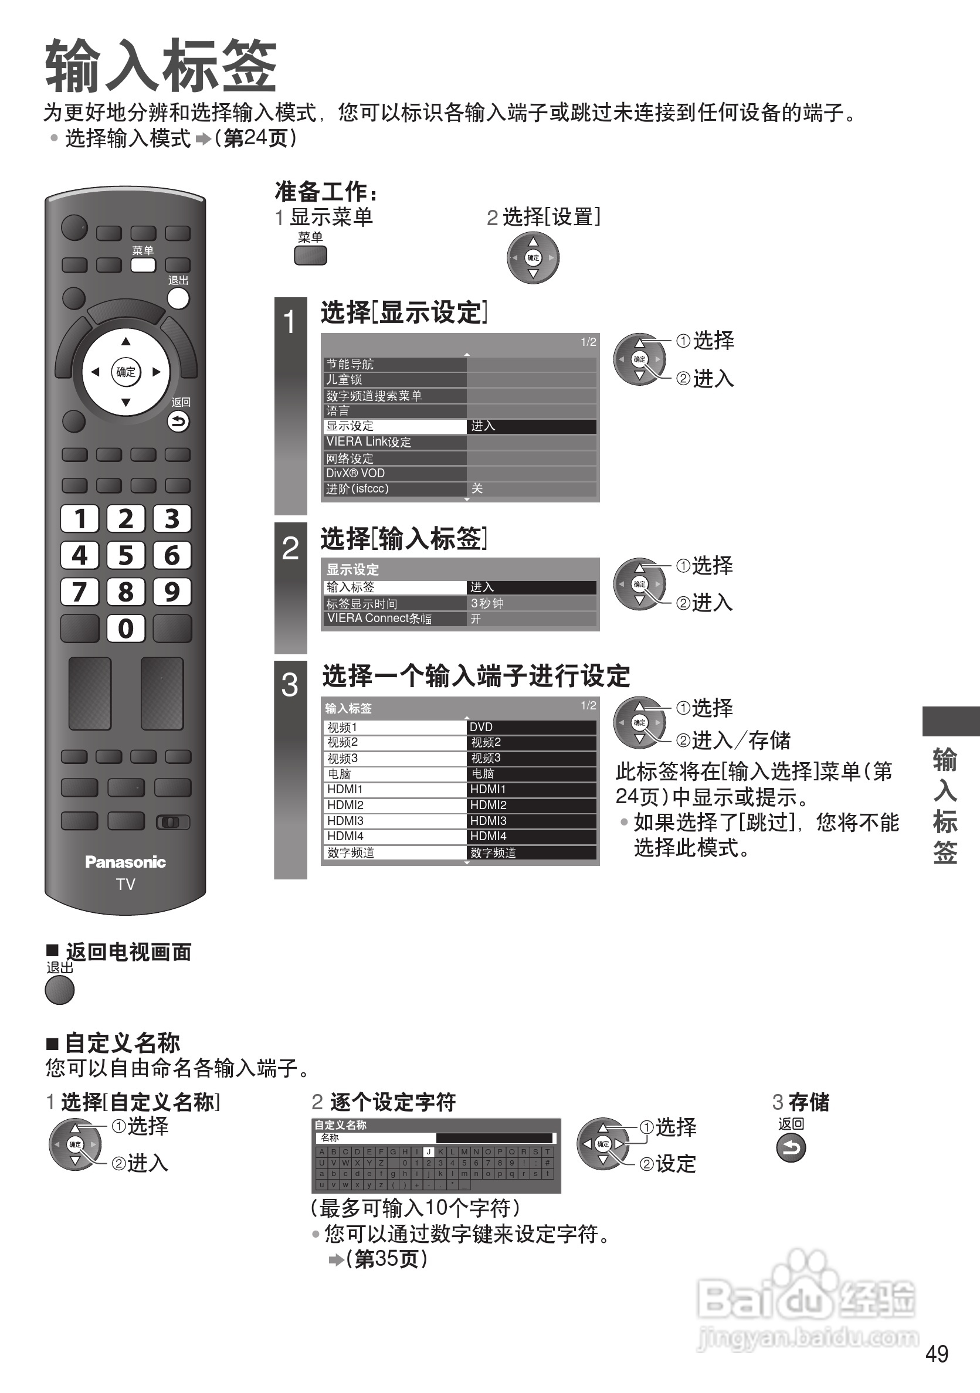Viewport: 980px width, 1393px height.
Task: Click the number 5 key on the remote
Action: (x=126, y=555)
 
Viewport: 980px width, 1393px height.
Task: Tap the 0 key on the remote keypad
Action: (x=126, y=628)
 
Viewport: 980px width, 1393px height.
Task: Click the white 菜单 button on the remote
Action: (x=143, y=265)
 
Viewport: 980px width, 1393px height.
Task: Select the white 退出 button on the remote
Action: (x=178, y=298)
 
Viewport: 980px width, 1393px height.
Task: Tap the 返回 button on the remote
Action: (x=178, y=422)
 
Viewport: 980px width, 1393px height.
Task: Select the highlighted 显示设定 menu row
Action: (x=395, y=426)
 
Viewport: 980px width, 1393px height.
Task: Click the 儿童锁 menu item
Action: (x=395, y=380)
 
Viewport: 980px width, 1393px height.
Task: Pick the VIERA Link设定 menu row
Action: (x=395, y=442)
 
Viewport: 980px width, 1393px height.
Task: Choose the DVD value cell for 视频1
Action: (x=531, y=727)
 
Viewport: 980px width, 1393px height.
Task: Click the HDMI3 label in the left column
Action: (x=395, y=821)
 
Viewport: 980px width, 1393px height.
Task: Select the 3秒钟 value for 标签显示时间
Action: (x=531, y=603)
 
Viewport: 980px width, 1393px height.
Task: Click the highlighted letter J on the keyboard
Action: (x=428, y=1151)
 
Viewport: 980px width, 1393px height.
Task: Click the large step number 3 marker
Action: (x=290, y=685)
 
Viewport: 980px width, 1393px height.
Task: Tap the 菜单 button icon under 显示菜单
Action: (x=310, y=256)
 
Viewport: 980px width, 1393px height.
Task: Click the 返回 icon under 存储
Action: (x=791, y=1148)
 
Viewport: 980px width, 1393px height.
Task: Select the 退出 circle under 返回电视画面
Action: (x=59, y=990)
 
